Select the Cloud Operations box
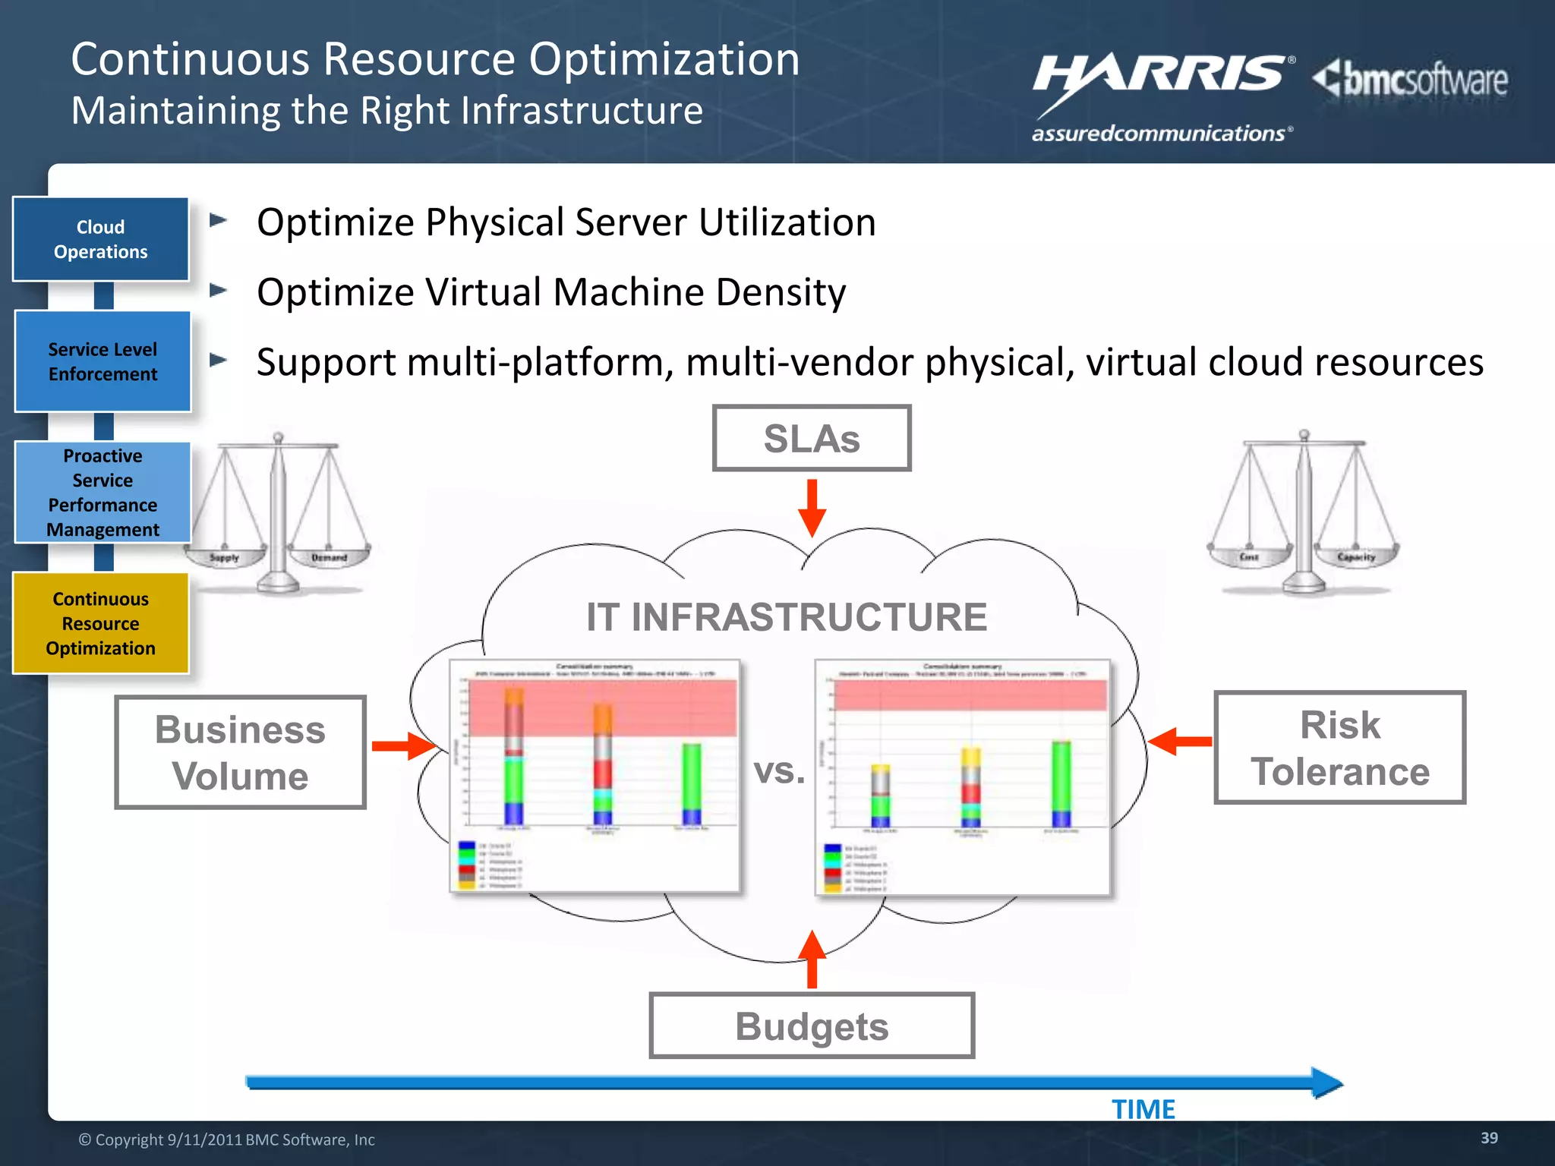[101, 239]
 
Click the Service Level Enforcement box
[103, 361]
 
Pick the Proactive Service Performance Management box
[103, 492]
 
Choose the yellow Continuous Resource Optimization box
[101, 623]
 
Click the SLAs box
[812, 439]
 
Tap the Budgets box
[812, 1026]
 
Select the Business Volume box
[240, 752]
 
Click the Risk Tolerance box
[1340, 748]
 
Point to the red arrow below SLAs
[812, 508]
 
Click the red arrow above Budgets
[812, 960]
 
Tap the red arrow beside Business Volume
[403, 746]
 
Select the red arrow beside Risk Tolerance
[1180, 741]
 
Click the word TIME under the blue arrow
[1143, 1110]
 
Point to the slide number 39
[1489, 1138]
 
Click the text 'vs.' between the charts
[779, 771]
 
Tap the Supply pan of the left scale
[225, 557]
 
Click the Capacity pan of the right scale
[1356, 556]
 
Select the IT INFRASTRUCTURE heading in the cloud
[787, 616]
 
